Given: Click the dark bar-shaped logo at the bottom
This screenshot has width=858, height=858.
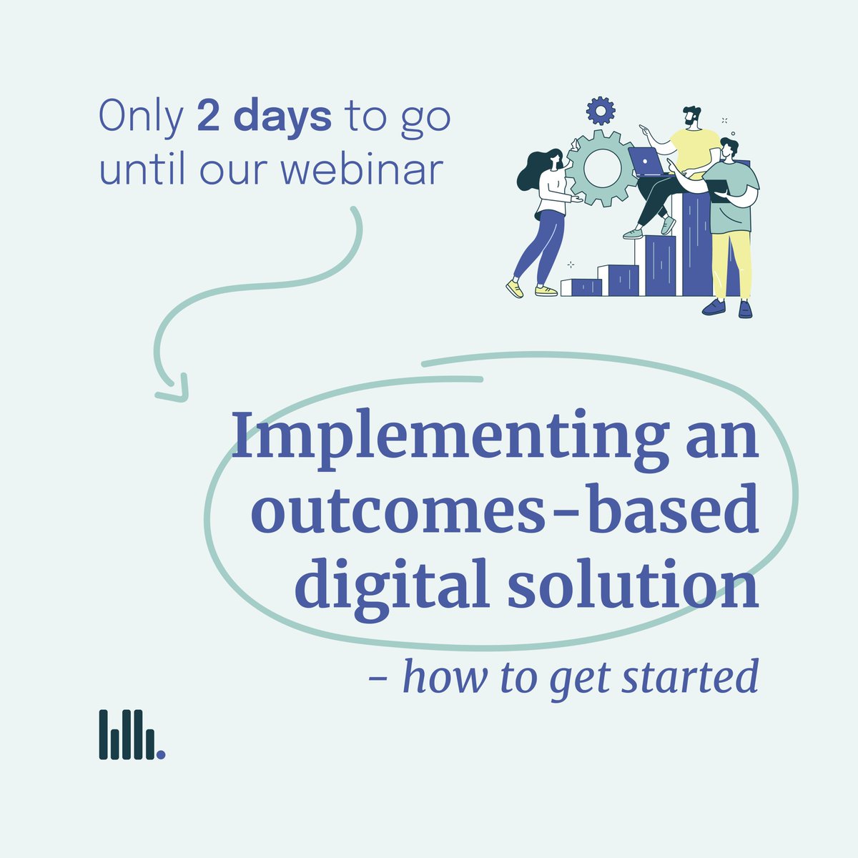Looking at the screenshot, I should point(131,734).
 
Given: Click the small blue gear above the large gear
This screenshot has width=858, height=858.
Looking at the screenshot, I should point(600,110).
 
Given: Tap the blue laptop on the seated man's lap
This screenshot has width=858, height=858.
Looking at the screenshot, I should point(647,162).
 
